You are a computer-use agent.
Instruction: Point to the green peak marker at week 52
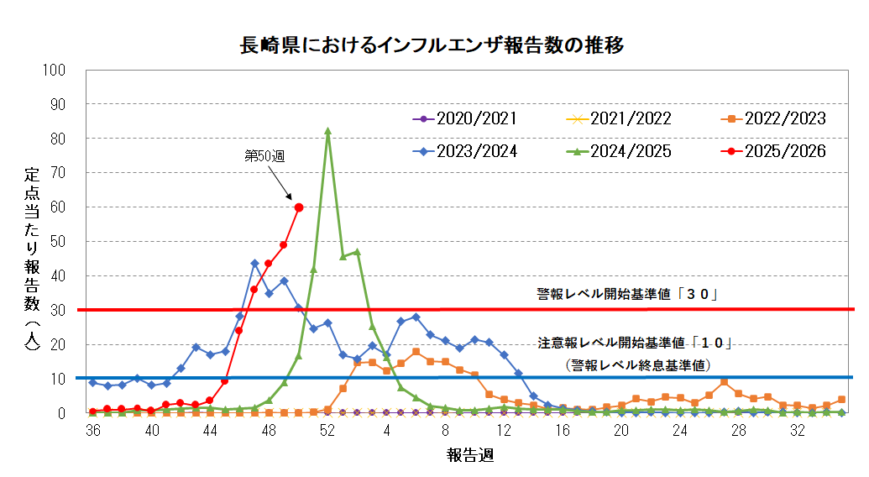point(327,131)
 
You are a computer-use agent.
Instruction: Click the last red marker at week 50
point(299,207)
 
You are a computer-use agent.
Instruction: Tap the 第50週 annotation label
point(264,156)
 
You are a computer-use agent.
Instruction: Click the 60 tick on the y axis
point(58,207)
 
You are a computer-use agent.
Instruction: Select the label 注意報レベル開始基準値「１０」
point(636,343)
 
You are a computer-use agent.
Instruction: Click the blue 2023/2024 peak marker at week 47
point(254,264)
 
